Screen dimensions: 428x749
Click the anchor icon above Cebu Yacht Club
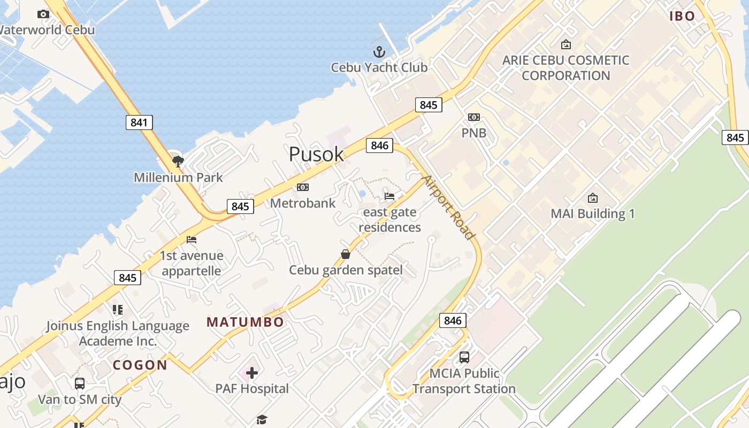[x=379, y=52]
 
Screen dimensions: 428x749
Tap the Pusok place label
[x=316, y=154]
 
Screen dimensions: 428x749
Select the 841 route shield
[x=139, y=123]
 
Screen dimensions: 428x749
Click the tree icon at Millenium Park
[x=178, y=160]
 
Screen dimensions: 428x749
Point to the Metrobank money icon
[x=303, y=187]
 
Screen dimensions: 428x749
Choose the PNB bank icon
[x=473, y=117]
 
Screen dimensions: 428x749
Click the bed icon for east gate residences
[x=389, y=196]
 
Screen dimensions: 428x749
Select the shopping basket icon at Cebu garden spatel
[x=346, y=254]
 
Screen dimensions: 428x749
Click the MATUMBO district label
[x=245, y=322]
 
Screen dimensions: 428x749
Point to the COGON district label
[x=140, y=365]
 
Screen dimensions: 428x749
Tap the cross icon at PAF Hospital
[x=252, y=372]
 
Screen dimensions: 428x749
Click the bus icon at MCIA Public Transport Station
[x=464, y=357]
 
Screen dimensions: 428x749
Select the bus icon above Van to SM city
[x=80, y=383]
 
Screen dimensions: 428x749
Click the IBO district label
[x=682, y=16]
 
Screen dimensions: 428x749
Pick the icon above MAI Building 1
[x=593, y=198]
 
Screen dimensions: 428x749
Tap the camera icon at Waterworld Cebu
[x=43, y=14]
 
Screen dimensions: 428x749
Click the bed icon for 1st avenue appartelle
[x=191, y=240]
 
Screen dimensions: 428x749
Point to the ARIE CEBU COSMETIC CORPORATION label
[x=565, y=67]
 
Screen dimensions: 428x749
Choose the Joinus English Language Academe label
[x=118, y=333]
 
